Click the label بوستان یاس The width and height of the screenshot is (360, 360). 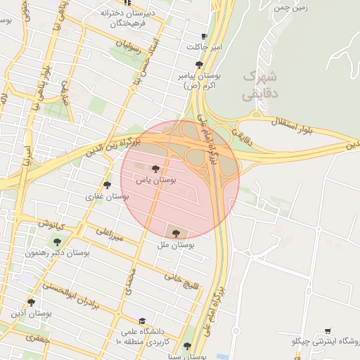click(x=158, y=181)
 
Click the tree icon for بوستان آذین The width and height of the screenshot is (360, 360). click(x=31, y=302)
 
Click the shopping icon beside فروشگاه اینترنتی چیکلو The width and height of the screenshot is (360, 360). click(x=328, y=330)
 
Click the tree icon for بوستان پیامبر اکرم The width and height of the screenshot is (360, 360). click(x=199, y=65)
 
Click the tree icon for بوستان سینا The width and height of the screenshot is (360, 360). click(x=187, y=346)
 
